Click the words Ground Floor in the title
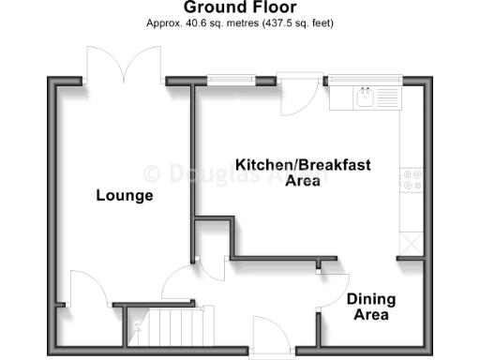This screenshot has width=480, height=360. (240, 8)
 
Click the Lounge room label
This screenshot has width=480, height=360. (125, 196)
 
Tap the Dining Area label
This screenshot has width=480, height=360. (371, 307)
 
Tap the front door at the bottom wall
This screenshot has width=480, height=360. (270, 335)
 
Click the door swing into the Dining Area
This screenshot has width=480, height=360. (333, 291)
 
